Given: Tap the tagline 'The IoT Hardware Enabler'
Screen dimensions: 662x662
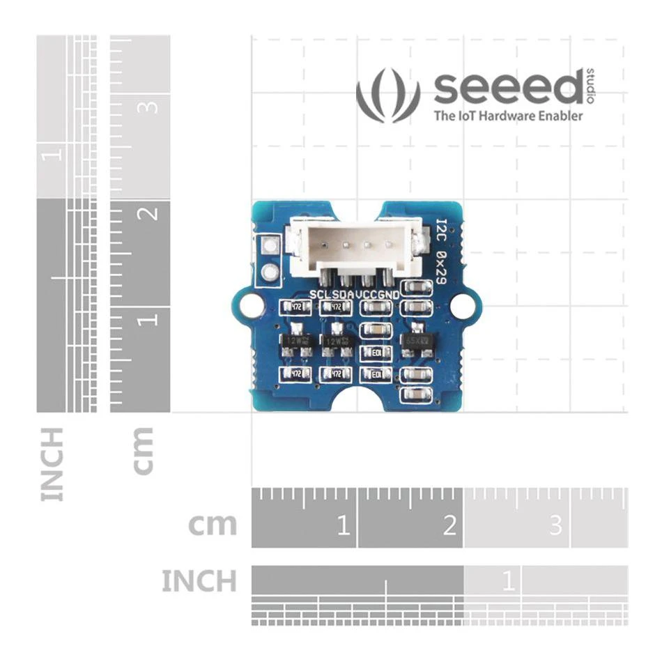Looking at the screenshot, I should click(x=508, y=116).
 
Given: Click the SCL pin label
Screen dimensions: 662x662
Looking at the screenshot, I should click(x=321, y=294).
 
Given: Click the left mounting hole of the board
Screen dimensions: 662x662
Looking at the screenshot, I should click(x=249, y=305).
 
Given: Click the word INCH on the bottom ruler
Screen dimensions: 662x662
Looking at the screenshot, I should click(x=199, y=580).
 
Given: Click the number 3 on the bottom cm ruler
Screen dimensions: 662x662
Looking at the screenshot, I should click(x=555, y=525).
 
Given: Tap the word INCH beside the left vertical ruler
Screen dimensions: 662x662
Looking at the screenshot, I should click(x=53, y=464).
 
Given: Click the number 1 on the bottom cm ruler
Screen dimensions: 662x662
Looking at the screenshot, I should click(x=342, y=525).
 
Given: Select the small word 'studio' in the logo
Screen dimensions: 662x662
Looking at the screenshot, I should click(x=591, y=86).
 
